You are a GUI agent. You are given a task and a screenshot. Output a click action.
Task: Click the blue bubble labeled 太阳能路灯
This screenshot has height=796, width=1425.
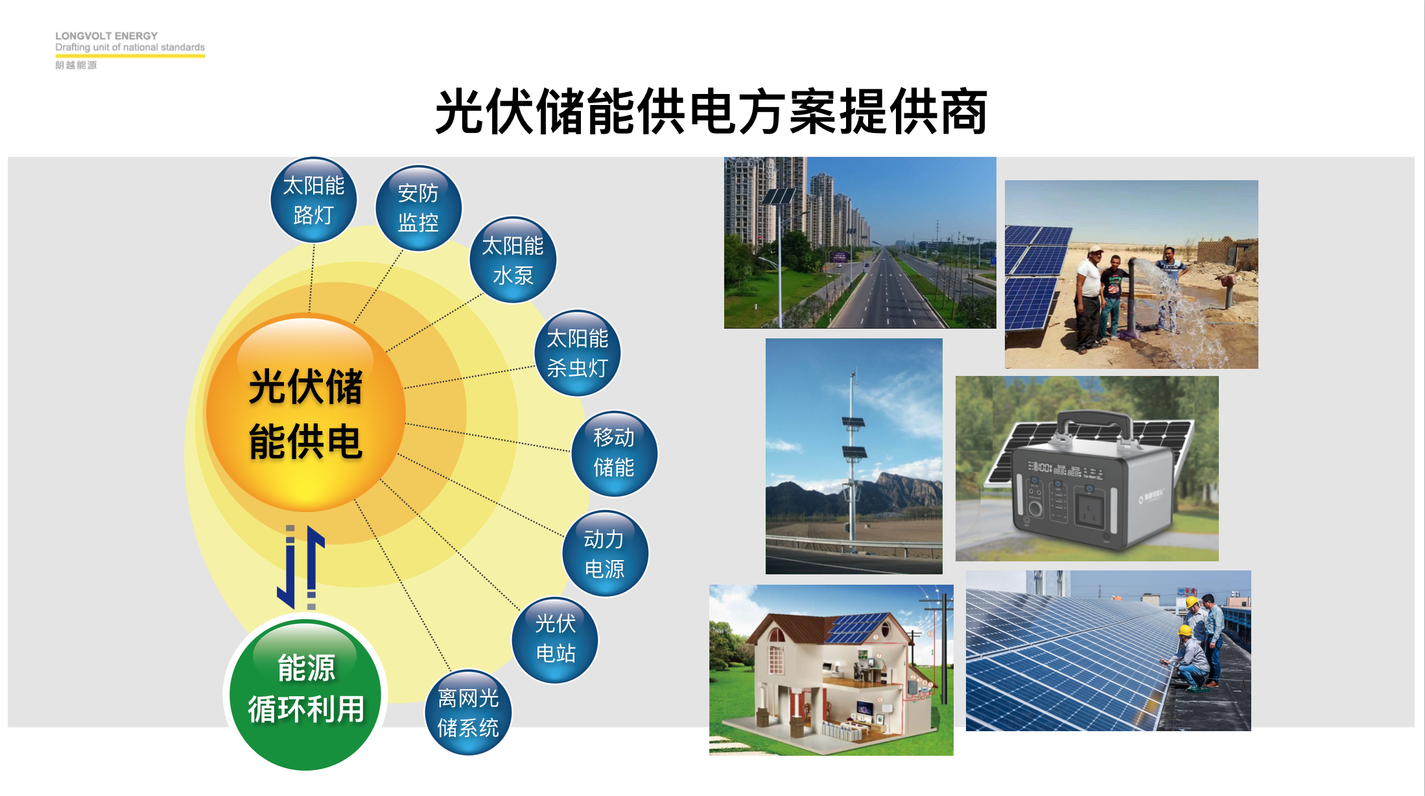(314, 200)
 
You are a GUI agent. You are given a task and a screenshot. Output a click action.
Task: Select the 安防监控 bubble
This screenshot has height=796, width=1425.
(418, 208)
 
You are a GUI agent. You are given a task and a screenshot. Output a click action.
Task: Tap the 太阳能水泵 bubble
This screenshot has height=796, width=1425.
(513, 259)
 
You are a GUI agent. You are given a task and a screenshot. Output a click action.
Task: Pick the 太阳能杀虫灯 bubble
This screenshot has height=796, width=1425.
(578, 353)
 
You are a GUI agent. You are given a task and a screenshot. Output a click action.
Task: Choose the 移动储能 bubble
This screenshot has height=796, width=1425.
(614, 453)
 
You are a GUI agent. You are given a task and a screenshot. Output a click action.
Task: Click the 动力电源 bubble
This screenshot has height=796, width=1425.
(604, 554)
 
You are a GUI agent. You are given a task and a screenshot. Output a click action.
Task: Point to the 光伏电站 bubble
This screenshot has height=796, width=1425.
(556, 639)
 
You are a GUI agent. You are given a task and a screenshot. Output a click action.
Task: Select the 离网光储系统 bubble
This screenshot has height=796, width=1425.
(468, 712)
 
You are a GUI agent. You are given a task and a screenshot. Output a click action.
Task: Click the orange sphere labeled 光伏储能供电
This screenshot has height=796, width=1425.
(305, 413)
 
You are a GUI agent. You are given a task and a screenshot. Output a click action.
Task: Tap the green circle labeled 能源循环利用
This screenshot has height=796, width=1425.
(305, 694)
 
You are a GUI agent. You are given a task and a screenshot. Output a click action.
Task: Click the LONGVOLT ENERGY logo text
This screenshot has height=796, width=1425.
(106, 36)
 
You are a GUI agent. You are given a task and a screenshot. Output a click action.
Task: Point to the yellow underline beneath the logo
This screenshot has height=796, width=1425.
(130, 56)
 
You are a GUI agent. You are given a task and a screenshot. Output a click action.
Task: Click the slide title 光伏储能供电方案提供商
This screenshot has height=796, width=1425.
(711, 111)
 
